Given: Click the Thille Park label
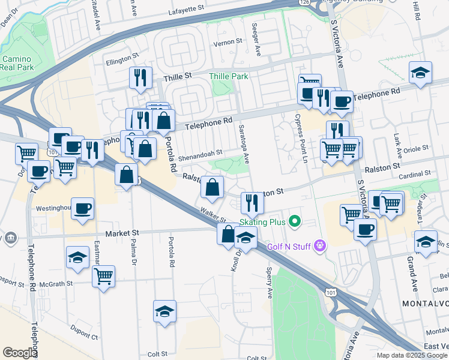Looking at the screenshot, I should [x=228, y=76].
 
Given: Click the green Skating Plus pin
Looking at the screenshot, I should [x=294, y=221].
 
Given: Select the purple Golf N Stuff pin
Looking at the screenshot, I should [x=321, y=245].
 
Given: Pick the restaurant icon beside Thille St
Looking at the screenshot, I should [x=139, y=78].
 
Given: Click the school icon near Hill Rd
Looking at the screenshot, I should [x=420, y=73].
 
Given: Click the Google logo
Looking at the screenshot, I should [x=19, y=353].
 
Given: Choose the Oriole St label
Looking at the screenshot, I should [x=418, y=148].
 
